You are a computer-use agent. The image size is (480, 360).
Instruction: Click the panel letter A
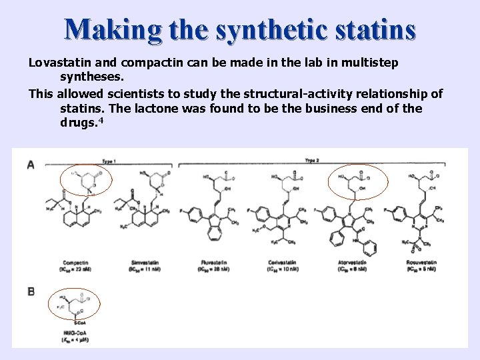coord(31,165)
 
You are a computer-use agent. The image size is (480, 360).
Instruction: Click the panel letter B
coord(31,291)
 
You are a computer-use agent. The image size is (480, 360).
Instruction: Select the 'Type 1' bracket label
coord(108,161)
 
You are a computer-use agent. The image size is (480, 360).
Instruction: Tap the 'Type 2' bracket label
coord(311,161)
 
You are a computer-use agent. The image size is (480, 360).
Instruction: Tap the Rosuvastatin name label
coord(421,263)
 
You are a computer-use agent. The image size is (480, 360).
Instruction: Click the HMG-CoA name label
coord(75,333)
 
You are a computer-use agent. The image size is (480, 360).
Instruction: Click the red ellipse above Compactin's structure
coord(87,182)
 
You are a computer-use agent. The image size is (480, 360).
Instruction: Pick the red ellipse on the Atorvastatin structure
coord(359,182)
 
